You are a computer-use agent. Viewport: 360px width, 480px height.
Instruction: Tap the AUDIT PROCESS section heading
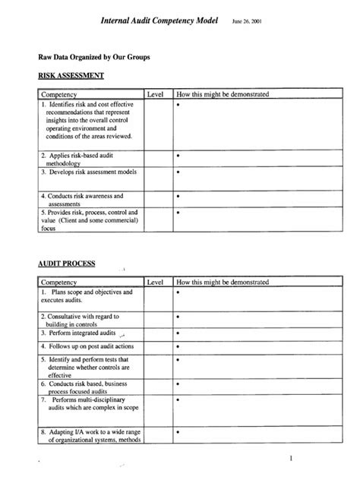click(67, 264)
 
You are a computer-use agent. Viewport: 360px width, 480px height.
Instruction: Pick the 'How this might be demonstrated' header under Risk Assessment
click(222, 94)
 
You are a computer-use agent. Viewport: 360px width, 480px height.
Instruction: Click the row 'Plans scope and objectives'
click(86, 296)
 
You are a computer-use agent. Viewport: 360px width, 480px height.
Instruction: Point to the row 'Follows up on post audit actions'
click(86, 346)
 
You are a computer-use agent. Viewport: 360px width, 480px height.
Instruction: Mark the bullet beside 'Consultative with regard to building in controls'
click(178, 316)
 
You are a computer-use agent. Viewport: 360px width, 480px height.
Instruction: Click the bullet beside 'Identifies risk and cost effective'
click(178, 105)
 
